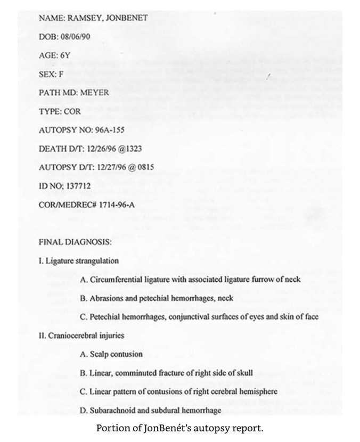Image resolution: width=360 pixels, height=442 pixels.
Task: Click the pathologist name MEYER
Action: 95,92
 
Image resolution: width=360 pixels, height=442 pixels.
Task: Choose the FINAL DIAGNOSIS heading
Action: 75,242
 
